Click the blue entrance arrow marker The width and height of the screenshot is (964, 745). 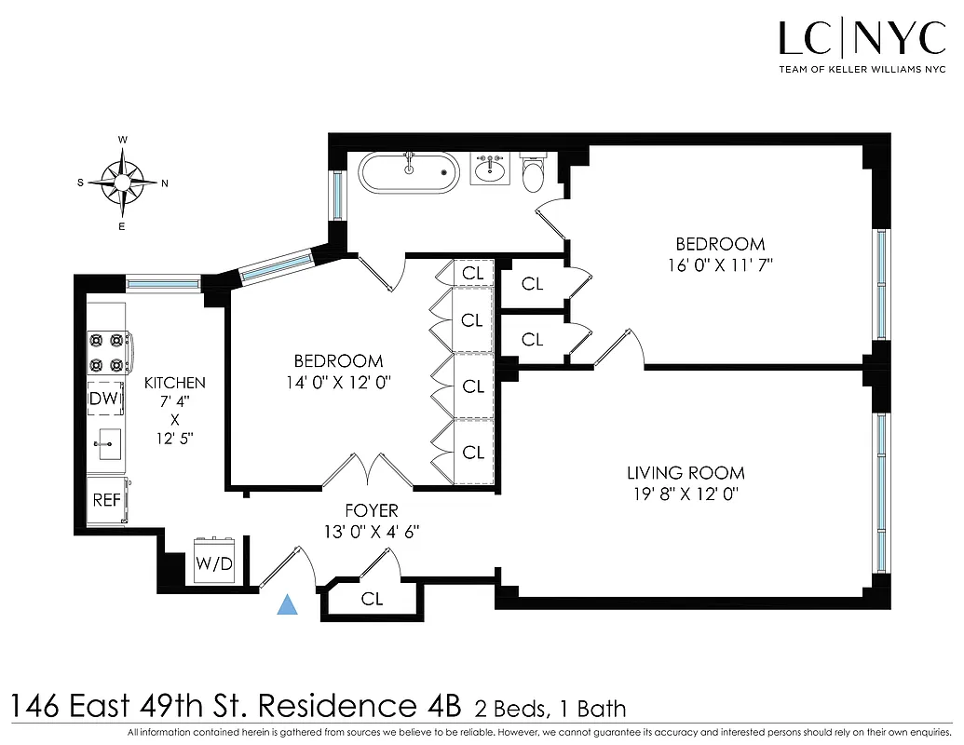[289, 605]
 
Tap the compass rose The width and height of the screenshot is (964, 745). [122, 183]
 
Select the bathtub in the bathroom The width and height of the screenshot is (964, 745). [409, 173]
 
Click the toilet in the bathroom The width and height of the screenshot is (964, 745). [534, 173]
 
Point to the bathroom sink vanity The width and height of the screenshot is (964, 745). [489, 169]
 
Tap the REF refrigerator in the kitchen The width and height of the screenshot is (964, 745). [107, 499]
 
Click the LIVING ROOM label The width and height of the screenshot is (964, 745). [686, 473]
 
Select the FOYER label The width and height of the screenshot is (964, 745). [371, 510]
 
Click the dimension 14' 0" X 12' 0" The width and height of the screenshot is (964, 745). [338, 381]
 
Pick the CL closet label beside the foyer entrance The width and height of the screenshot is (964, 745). [372, 600]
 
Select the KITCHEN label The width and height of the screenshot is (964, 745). [174, 383]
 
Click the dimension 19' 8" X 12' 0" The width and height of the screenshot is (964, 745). [686, 494]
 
